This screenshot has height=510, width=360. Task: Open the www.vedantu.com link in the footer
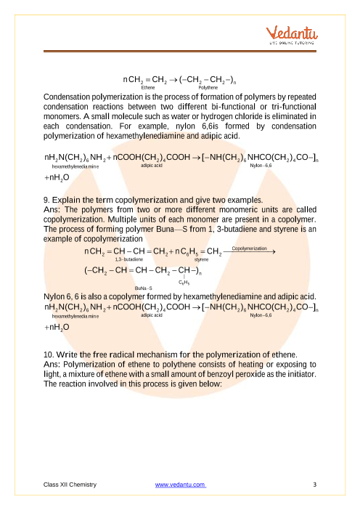tap(181, 484)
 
